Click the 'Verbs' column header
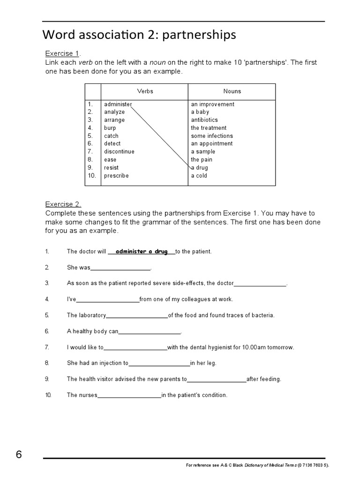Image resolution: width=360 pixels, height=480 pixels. click(145, 91)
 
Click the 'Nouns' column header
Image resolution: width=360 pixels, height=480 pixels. click(232, 91)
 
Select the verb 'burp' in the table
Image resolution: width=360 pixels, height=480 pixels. click(110, 128)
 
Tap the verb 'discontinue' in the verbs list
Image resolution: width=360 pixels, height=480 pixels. click(119, 152)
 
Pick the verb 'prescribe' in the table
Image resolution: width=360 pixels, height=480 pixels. click(116, 176)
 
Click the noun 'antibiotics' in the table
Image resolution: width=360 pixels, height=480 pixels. click(204, 120)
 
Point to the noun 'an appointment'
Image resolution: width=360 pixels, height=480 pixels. click(211, 144)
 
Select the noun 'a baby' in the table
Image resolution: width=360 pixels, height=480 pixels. click(200, 112)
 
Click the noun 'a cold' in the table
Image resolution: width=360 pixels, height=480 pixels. click(199, 176)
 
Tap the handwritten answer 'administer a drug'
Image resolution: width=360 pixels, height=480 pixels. click(142, 252)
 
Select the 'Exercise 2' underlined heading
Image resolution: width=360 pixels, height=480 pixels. click(63, 204)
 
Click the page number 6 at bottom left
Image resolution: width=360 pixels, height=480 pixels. click(19, 455)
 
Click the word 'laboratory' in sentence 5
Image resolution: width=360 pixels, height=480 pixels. click(92, 315)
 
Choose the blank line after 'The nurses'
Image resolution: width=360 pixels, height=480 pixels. click(129, 395)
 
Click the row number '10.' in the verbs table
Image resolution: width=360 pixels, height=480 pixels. click(91, 176)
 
